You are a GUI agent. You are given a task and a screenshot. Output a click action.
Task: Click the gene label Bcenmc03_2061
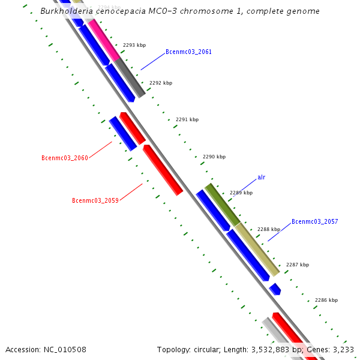(188, 52)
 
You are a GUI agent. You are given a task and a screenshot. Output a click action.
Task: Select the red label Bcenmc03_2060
(65, 158)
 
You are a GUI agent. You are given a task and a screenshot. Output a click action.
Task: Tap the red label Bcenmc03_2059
(95, 200)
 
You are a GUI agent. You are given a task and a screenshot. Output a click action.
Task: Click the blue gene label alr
(261, 178)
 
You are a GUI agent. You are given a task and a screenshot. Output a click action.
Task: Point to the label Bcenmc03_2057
(314, 222)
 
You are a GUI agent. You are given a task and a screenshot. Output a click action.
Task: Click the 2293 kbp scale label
(134, 46)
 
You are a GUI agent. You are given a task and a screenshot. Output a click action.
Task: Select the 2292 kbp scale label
(161, 83)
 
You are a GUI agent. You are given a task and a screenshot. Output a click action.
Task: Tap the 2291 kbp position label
(187, 120)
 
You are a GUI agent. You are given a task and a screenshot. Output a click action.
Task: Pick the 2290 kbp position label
(214, 157)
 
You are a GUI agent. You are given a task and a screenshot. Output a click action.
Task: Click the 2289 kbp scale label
(241, 193)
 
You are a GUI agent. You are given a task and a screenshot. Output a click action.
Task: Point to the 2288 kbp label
(269, 230)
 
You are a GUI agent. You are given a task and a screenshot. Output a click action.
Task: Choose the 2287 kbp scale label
(298, 265)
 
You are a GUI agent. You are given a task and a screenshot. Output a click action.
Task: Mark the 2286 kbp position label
(326, 301)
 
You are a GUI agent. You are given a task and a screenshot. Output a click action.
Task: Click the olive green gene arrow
(222, 205)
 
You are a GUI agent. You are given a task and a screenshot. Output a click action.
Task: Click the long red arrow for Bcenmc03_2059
(163, 170)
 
